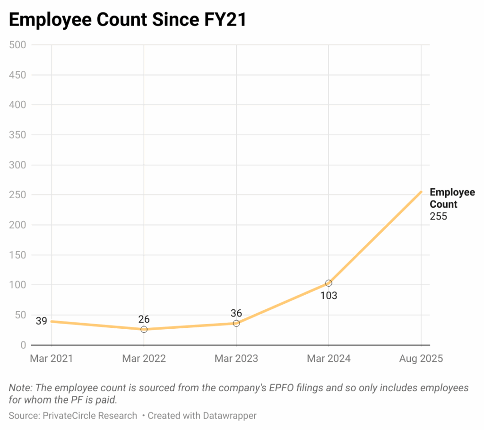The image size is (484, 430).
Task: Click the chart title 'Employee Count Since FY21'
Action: [128, 20]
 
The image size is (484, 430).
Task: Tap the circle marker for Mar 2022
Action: [144, 329]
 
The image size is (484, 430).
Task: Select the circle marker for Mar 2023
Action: [236, 323]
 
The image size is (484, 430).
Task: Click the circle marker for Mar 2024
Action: [328, 283]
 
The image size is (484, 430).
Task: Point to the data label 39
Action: [42, 321]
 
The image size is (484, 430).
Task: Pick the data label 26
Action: [144, 319]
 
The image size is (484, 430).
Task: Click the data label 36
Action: [236, 313]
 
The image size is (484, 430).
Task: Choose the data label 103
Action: [328, 296]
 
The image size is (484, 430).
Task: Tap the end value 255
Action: [438, 217]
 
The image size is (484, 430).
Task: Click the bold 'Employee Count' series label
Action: [452, 198]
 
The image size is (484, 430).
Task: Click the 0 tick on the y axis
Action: [22, 345]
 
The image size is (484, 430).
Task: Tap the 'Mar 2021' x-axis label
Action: [52, 358]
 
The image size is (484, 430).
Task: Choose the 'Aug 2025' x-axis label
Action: [421, 358]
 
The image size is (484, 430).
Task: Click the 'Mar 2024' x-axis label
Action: [328, 358]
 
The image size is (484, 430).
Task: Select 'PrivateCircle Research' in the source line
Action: [90, 416]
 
